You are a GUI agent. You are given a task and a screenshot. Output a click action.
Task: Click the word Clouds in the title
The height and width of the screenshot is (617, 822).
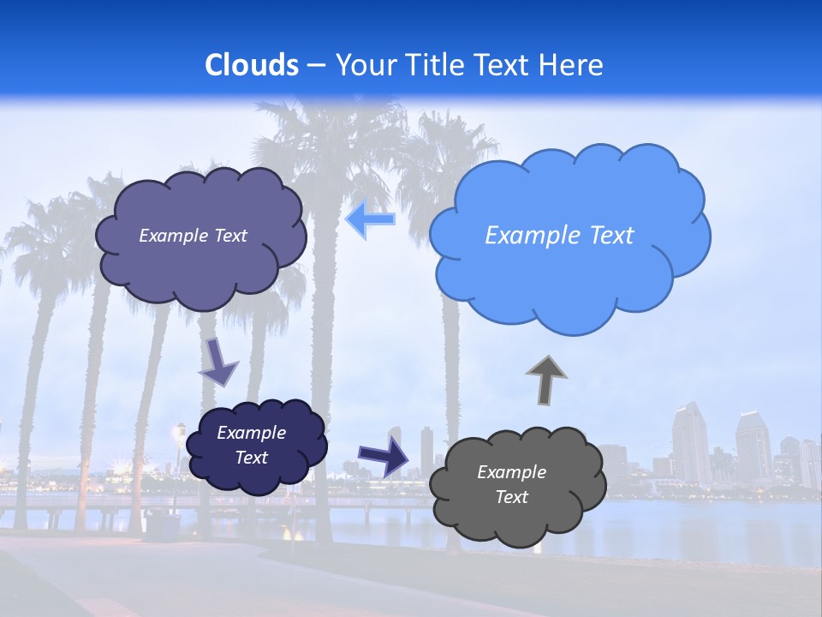(x=252, y=64)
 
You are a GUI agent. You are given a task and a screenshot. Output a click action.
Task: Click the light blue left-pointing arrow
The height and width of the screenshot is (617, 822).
(x=371, y=219)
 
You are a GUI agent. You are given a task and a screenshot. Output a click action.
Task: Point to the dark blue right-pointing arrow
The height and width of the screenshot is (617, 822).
(x=384, y=455)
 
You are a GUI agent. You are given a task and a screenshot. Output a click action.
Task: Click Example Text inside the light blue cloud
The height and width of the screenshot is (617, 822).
(x=559, y=235)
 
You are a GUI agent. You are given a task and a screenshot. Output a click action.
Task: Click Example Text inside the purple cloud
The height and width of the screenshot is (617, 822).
(x=193, y=235)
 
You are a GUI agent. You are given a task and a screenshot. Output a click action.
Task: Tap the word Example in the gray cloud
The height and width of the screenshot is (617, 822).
(x=511, y=472)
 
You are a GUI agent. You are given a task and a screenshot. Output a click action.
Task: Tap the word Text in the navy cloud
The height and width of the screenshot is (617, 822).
(x=251, y=458)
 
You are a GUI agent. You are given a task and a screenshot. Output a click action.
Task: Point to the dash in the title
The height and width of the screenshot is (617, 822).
(x=317, y=65)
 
